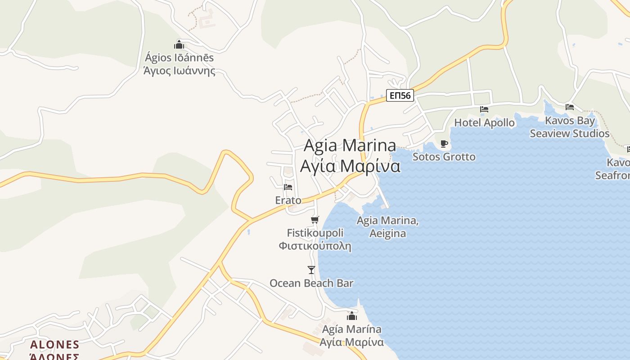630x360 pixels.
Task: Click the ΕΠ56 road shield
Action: point(400,95)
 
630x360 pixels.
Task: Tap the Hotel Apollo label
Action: point(484,122)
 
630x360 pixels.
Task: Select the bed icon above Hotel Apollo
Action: point(484,109)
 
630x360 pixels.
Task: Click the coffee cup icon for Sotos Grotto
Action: point(444,144)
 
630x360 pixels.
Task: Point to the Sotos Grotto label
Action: point(444,157)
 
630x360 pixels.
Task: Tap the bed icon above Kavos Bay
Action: point(570,107)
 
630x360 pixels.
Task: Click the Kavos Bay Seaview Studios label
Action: point(570,127)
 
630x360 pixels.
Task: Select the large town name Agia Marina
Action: point(350,145)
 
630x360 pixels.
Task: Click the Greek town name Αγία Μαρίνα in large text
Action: point(350,166)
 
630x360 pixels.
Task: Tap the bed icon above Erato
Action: point(288,187)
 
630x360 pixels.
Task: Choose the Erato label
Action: point(288,200)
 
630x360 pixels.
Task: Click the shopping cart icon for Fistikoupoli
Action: point(315,220)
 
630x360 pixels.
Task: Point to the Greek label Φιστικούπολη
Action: point(315,246)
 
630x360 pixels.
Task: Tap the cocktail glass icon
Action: point(311,270)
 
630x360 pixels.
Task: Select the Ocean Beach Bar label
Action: point(311,283)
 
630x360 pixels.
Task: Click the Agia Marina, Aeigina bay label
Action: point(387,227)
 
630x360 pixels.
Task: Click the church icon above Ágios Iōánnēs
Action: point(179,45)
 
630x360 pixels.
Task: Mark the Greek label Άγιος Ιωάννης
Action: point(179,71)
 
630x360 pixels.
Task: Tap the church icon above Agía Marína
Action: point(352,316)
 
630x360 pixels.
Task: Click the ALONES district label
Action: point(54,345)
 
